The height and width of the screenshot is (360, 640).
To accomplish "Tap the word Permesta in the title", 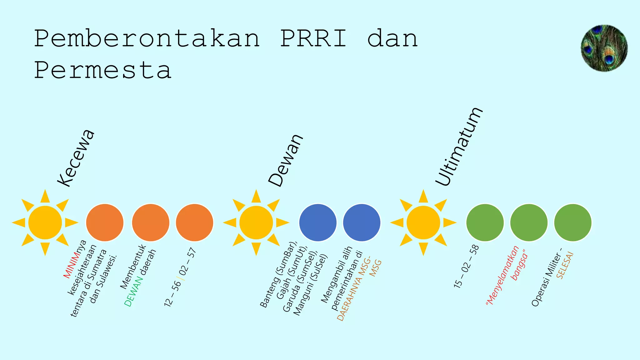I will (103, 70).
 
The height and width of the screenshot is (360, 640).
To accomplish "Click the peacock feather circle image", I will (604, 48).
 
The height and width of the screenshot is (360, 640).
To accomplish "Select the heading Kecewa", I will (76, 158).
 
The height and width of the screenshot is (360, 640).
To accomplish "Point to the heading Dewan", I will (286, 161).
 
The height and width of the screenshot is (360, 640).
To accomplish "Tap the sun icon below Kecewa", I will (45, 222).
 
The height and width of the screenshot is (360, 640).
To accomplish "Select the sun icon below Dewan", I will (256, 222).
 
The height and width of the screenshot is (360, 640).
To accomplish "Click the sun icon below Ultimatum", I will (423, 222).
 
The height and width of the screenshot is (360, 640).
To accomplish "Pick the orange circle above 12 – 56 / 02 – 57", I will (194, 222).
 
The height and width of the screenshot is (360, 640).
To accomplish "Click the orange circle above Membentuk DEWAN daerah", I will (151, 222).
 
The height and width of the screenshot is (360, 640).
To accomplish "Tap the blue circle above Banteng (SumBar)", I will (318, 222).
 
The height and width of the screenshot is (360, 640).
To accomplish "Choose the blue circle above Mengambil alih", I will (362, 222).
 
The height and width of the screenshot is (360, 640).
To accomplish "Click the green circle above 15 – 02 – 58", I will (485, 222).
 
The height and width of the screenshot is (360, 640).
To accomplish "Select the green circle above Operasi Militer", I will (572, 222).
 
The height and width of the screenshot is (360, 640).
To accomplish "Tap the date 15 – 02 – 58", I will (466, 266).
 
